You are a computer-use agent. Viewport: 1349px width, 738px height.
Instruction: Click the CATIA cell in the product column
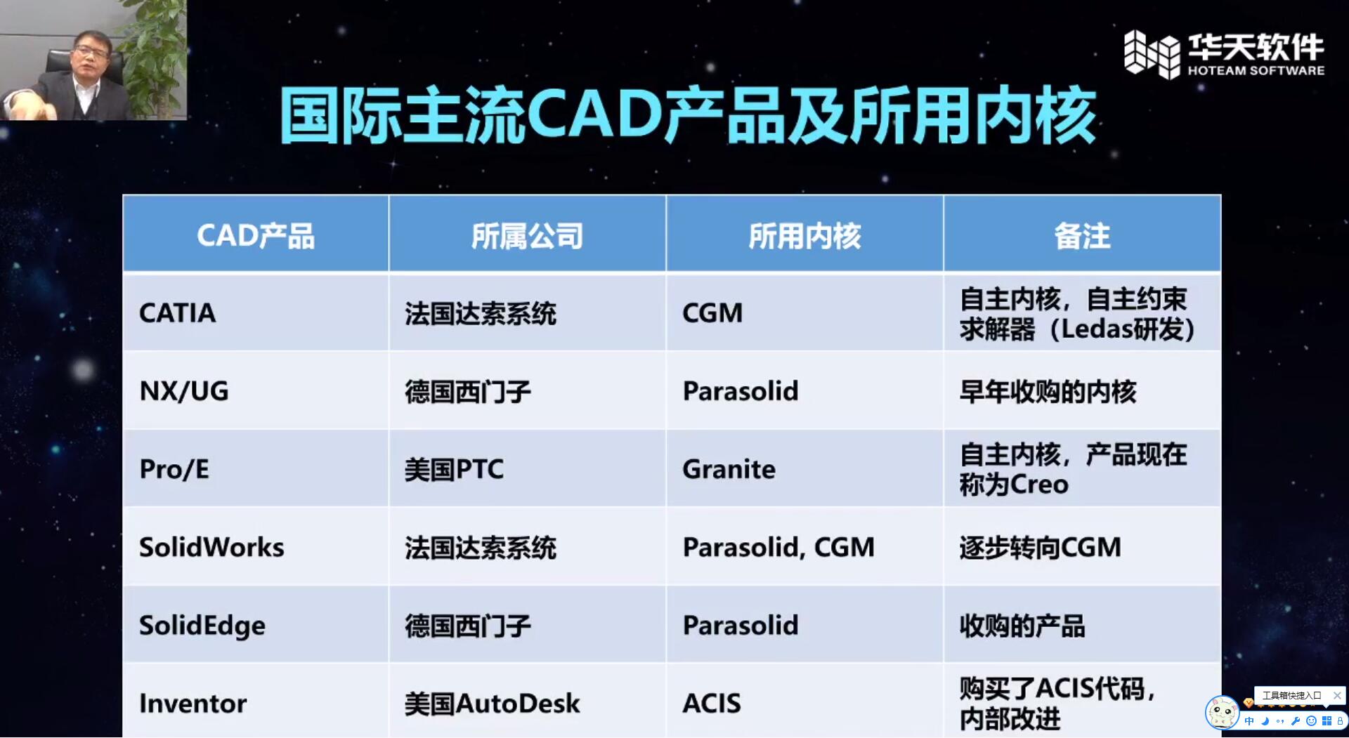coord(178,313)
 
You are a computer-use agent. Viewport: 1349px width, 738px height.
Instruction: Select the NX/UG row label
coord(184,391)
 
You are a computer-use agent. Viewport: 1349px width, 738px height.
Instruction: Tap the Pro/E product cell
coord(174,469)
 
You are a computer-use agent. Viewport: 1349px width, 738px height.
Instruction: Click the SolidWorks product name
coord(211,547)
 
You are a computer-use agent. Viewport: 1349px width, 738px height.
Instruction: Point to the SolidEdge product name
coord(202,626)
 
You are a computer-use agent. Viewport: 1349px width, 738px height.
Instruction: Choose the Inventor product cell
coord(193,704)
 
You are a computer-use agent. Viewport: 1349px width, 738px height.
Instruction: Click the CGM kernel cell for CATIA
coord(712,313)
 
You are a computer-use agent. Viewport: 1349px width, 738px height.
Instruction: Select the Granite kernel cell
coord(729,469)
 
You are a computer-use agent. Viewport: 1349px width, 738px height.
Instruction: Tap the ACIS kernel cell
coord(712,704)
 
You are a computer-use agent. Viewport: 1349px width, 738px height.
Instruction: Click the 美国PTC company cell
coord(454,469)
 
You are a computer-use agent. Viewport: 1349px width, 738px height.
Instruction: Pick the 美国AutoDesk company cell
coord(492,704)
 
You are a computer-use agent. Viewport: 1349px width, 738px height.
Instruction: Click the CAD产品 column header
coord(256,236)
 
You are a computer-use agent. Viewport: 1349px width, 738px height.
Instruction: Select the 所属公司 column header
coord(527,236)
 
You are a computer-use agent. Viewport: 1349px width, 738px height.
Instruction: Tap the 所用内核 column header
coord(804,236)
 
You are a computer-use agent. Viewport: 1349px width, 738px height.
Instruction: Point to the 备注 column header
coord(1082,236)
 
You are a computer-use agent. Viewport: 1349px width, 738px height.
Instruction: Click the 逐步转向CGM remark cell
coord(1040,547)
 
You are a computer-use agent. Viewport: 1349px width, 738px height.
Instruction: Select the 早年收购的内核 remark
coord(1048,391)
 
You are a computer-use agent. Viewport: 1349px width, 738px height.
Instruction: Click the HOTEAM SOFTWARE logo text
coord(1256,70)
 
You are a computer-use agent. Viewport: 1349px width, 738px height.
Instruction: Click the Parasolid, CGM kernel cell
coord(778,547)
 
